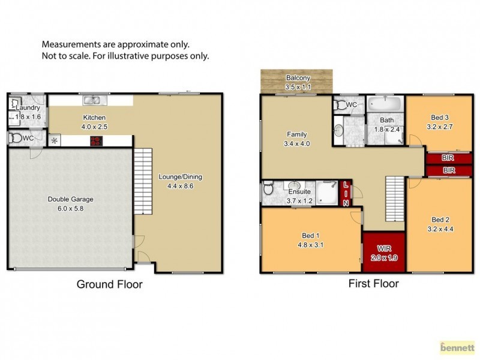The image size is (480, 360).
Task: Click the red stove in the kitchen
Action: click(x=95, y=142)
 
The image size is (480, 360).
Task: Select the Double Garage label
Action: click(x=71, y=199)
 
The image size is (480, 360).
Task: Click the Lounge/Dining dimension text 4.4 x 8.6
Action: click(x=180, y=187)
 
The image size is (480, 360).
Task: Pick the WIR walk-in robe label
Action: click(x=385, y=247)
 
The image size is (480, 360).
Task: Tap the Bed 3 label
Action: click(x=440, y=117)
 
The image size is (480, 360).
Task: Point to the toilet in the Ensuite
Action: click(x=268, y=190)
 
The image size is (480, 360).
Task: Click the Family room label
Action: click(x=296, y=134)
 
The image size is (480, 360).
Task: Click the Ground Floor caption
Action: click(x=109, y=284)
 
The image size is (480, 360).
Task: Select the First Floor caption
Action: click(x=373, y=283)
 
